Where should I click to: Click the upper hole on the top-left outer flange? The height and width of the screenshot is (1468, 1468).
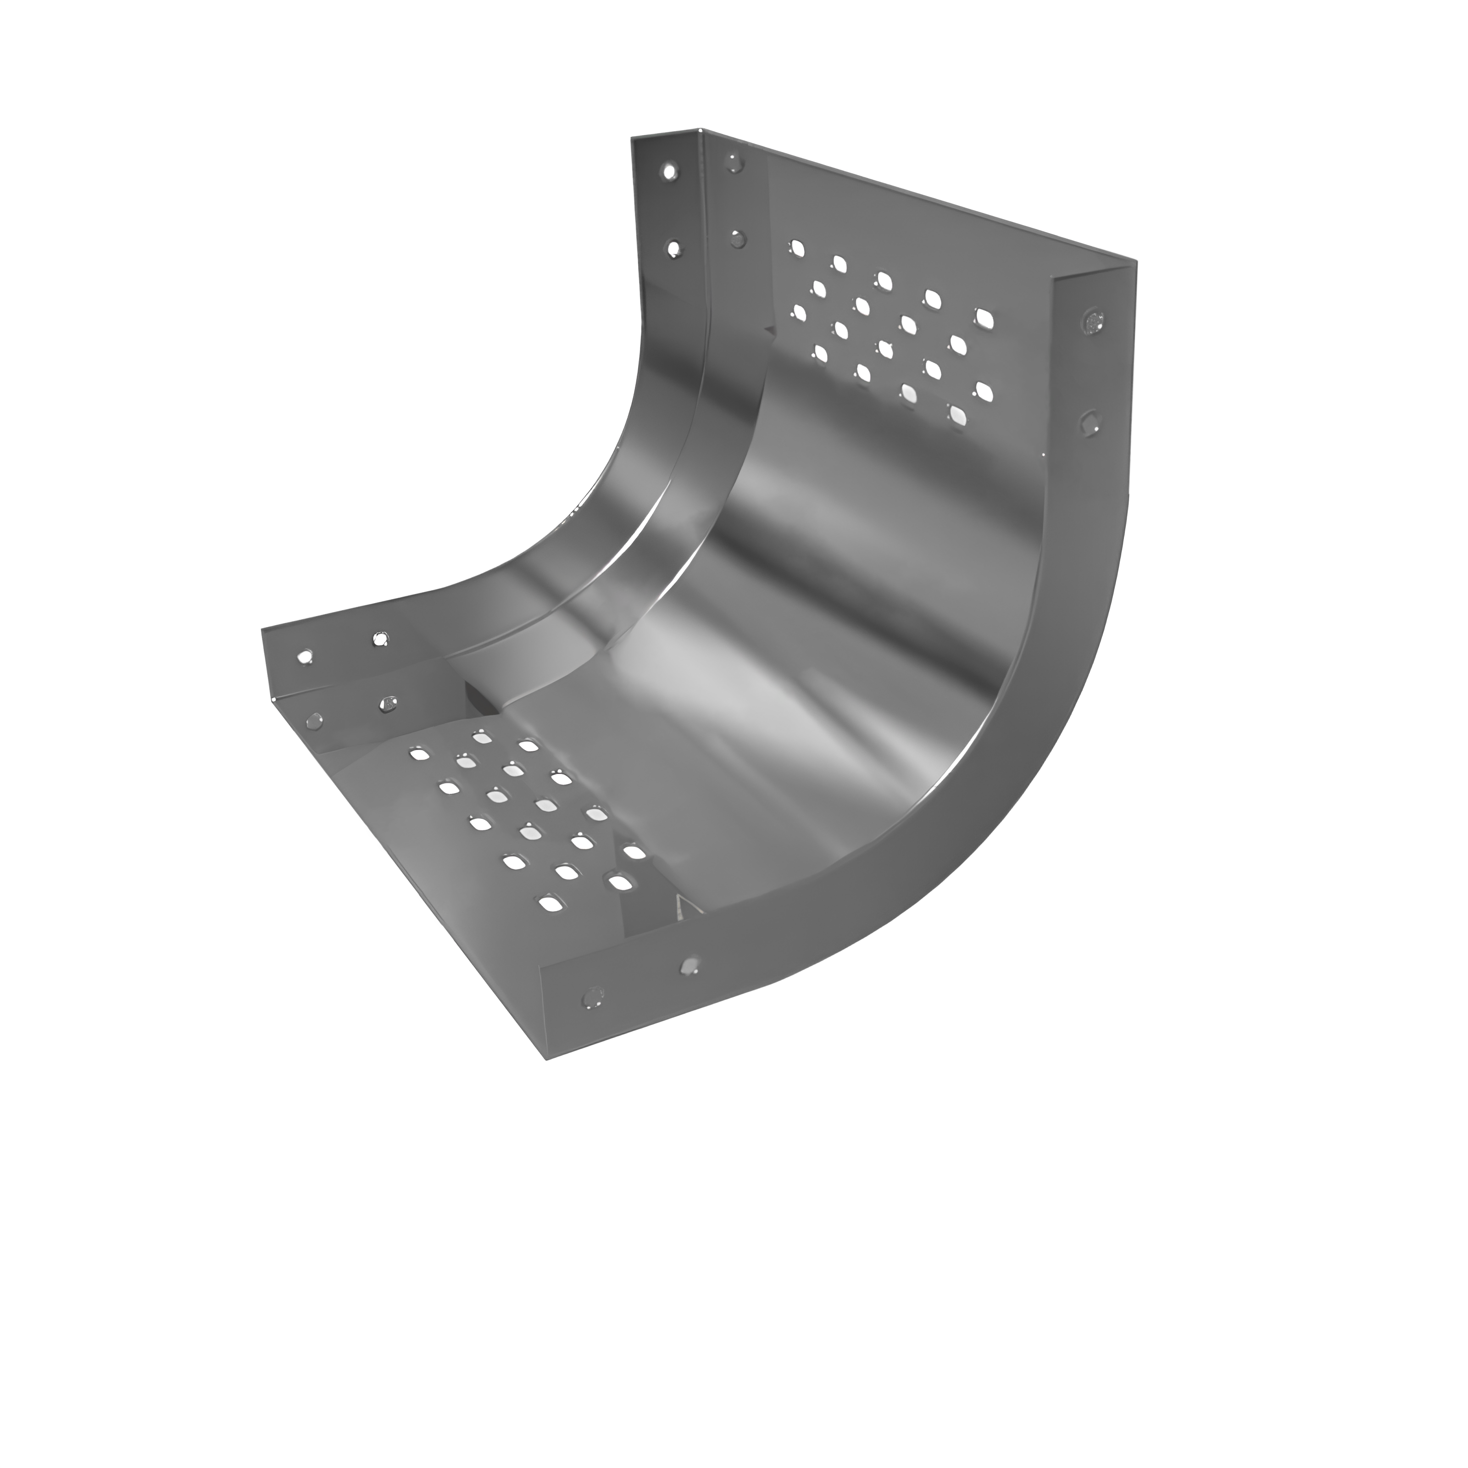coord(669,172)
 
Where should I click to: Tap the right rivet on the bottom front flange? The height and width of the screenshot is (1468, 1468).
coord(689,965)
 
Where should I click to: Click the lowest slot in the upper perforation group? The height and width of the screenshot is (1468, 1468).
coord(957,414)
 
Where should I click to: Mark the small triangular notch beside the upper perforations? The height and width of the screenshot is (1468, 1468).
coord(769,332)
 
